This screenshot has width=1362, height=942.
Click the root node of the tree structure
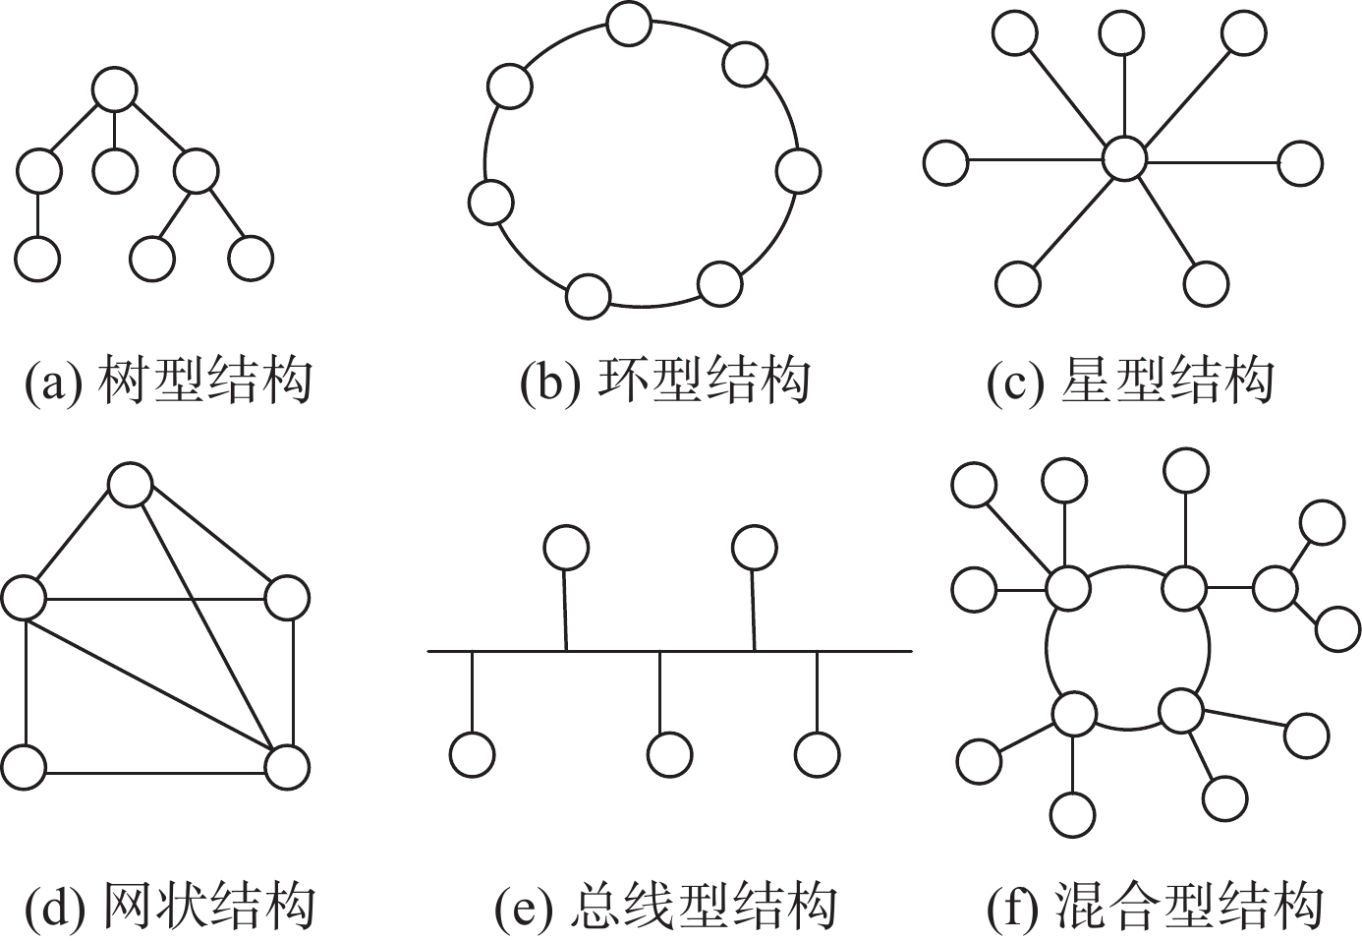[x=115, y=89]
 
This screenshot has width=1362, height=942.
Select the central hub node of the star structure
[x=1124, y=159]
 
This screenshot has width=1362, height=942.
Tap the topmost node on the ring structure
[x=629, y=24]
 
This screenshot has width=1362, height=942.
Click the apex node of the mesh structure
[x=130, y=485]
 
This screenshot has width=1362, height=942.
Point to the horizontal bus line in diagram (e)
[x=669, y=651]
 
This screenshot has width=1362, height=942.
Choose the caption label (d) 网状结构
[x=169, y=907]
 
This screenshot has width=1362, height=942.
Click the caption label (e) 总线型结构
[x=667, y=907]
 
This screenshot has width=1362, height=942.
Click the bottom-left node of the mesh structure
[x=24, y=767]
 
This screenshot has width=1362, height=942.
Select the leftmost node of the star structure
[x=945, y=162]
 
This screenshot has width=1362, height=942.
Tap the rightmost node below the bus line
[x=818, y=754]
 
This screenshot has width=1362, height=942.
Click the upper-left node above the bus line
[x=566, y=548]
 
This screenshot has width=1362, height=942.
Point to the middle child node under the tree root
[x=115, y=172]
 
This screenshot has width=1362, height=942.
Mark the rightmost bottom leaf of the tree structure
[x=251, y=259]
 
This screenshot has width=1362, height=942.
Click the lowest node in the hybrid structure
[x=1072, y=815]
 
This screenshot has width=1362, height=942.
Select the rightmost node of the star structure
[x=1300, y=162]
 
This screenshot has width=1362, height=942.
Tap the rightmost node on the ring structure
[x=798, y=170]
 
